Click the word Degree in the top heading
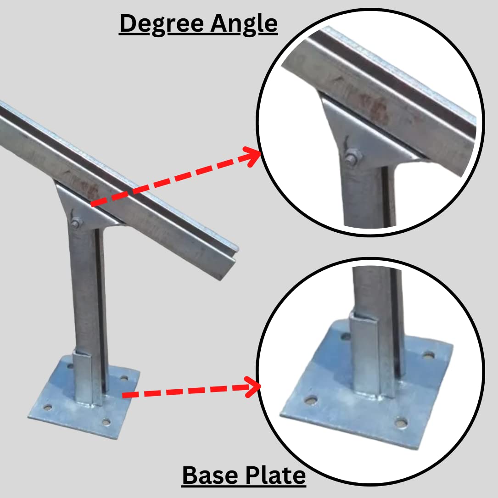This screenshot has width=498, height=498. coord(162,24)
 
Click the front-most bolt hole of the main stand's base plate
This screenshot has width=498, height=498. coord(106,422)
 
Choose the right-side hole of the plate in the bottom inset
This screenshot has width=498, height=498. coord(429,355)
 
